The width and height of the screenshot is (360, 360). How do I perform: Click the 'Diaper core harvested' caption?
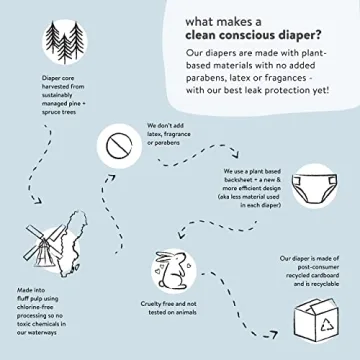click(40, 112)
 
